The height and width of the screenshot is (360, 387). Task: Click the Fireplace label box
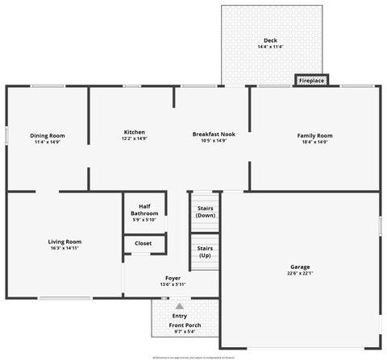(311, 81)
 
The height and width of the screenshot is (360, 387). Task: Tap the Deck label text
(271, 40)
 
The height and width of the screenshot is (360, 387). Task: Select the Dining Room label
(48, 135)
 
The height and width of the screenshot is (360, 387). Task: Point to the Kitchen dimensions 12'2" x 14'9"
(134, 139)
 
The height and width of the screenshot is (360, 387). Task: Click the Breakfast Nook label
(214, 133)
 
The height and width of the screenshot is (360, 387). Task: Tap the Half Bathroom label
(145, 209)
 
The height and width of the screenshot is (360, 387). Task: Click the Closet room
(143, 243)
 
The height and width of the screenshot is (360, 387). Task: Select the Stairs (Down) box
(205, 211)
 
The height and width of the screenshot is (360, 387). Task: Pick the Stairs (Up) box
(205, 251)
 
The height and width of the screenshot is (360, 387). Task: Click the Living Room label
(64, 242)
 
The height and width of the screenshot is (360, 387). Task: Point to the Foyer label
(173, 278)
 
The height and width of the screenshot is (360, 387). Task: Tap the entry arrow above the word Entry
(179, 306)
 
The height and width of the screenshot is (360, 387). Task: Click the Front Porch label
(185, 325)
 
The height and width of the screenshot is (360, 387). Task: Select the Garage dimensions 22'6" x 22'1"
(300, 274)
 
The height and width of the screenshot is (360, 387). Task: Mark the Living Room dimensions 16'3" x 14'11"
(64, 249)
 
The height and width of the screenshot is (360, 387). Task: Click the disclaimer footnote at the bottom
(193, 354)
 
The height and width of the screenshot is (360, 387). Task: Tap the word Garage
(300, 267)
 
